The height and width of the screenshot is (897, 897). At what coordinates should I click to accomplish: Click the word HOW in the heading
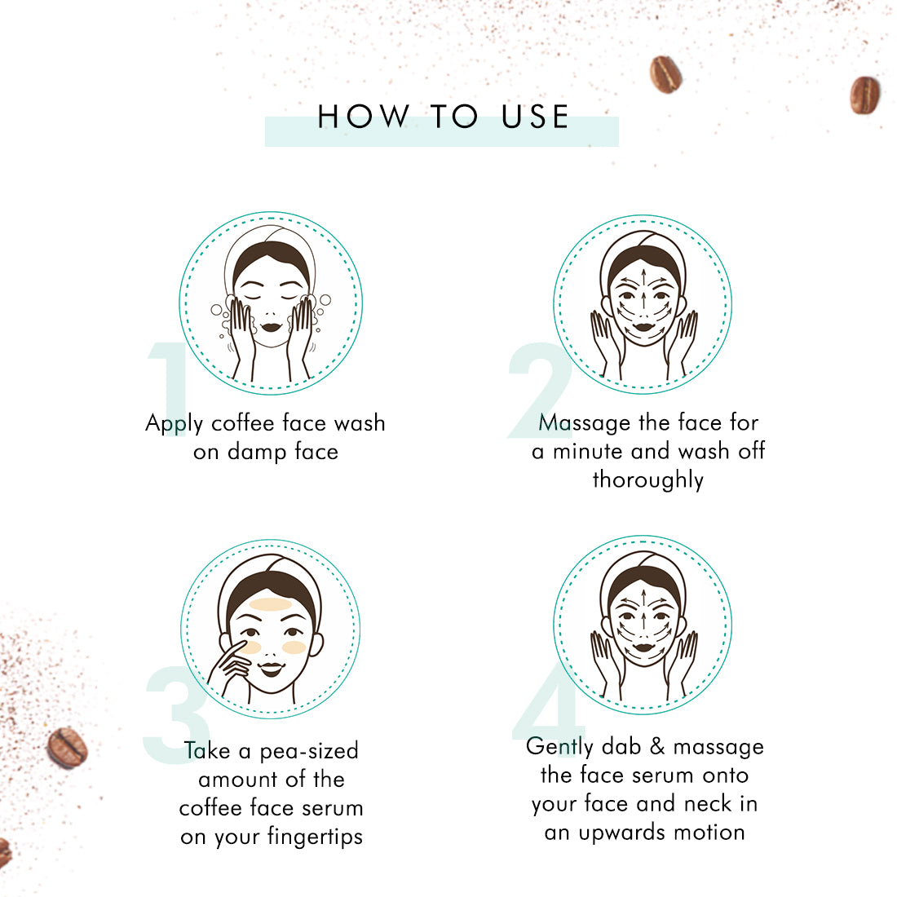363,117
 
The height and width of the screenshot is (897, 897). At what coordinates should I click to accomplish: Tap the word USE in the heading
535,117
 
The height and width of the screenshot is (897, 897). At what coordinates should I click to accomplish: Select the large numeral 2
539,390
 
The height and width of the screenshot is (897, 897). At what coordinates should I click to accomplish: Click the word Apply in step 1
175,425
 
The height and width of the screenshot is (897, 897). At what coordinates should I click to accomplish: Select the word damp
257,453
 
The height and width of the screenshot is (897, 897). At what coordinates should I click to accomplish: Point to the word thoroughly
648,480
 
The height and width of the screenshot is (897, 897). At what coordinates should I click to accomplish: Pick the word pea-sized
310,751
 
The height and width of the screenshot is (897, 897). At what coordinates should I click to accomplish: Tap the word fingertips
316,837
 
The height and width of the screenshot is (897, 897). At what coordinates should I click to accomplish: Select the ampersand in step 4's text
657,746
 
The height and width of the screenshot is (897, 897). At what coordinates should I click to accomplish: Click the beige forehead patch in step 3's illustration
272,604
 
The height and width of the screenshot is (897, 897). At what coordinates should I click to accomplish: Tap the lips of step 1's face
272,328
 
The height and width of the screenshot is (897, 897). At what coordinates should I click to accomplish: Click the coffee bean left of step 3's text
67,748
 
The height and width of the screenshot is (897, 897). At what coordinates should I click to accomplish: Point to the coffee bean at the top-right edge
864,95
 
